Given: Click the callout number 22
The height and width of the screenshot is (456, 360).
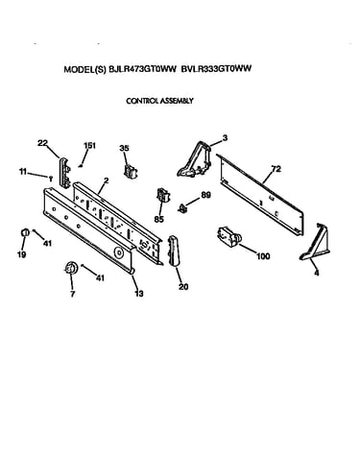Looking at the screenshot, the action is coord(42,143).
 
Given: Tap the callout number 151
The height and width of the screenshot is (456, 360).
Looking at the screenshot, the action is coord(89,145).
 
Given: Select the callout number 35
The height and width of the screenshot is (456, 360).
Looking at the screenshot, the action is coord(124,148).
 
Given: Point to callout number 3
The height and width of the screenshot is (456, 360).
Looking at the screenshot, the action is coord(225,138).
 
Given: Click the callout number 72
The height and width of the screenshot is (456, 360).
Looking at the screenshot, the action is coord(276,169).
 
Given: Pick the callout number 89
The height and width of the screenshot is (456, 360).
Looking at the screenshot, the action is coord(205,195).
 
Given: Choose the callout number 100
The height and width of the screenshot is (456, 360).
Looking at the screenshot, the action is coord(263,256).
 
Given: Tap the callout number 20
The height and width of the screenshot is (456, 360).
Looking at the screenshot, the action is coord(183,287).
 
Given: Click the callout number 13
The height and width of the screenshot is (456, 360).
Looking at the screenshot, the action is coord(138,293).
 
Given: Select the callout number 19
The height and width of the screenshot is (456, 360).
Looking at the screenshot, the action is coord(22,254).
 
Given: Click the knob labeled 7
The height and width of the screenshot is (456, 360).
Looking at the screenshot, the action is coord(71,268).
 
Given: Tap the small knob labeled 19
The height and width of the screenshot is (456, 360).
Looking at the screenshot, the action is coord(25,232).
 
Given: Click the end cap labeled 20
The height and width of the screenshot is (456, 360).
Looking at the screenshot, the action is coord(174,251).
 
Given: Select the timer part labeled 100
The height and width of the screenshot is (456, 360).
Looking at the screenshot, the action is coord(229,238).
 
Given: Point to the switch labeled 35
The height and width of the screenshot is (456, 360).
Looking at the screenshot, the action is coord(131,170).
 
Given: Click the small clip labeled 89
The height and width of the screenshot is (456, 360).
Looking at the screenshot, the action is coord(182,208).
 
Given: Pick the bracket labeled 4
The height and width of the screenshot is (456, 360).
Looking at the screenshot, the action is coord(315,242).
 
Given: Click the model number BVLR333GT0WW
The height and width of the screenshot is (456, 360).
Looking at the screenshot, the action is coord(216,68).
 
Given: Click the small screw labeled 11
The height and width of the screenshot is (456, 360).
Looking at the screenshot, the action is coord(50,178).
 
